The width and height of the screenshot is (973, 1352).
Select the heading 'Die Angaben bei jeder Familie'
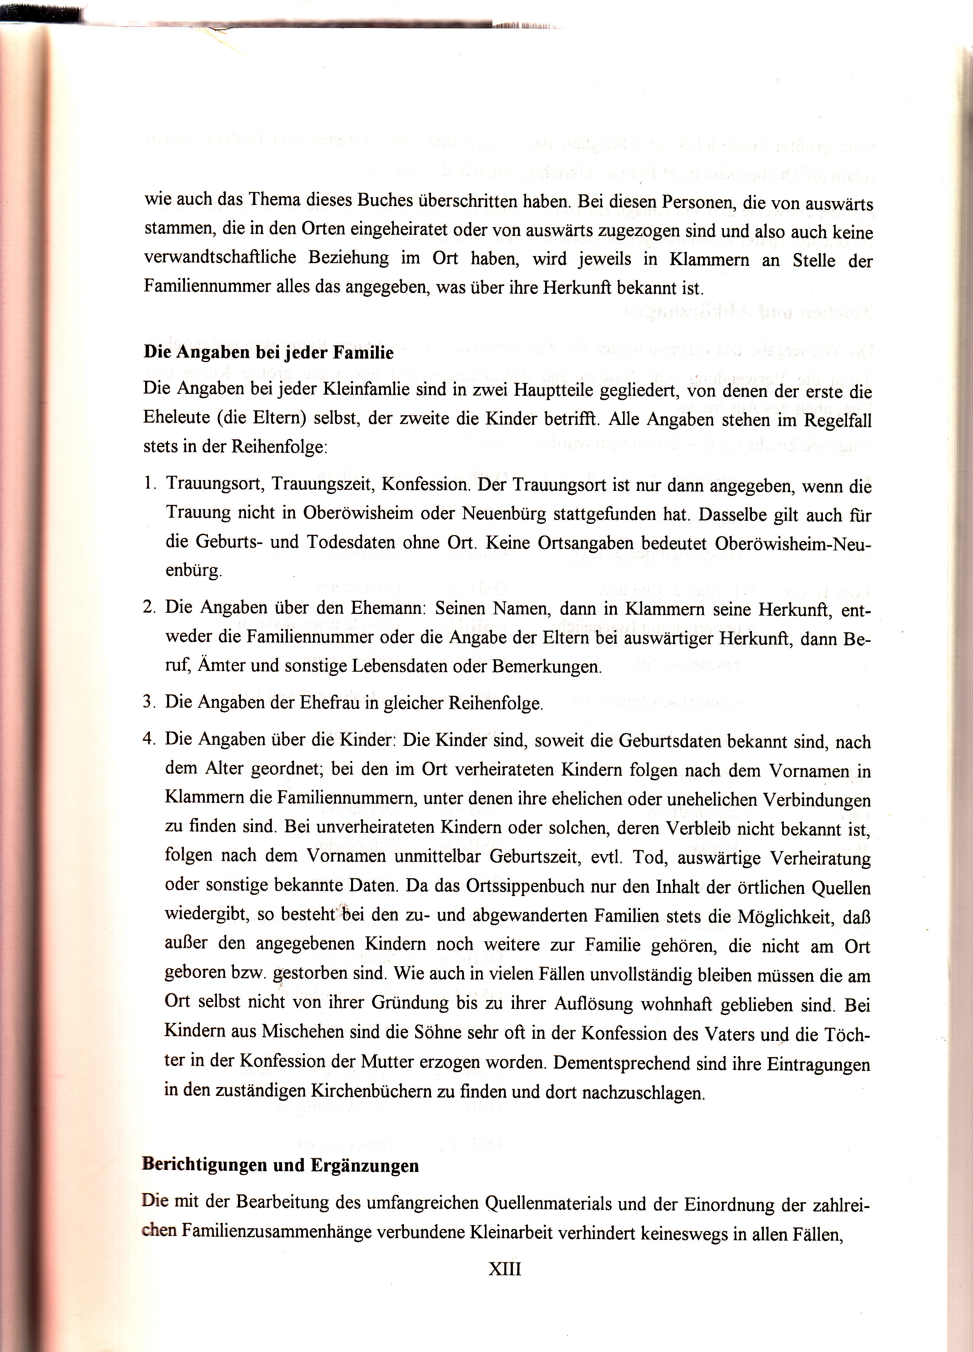(x=269, y=353)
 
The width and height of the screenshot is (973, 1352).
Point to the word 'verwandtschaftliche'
(x=216, y=258)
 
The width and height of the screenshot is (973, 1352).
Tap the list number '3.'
(x=149, y=702)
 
